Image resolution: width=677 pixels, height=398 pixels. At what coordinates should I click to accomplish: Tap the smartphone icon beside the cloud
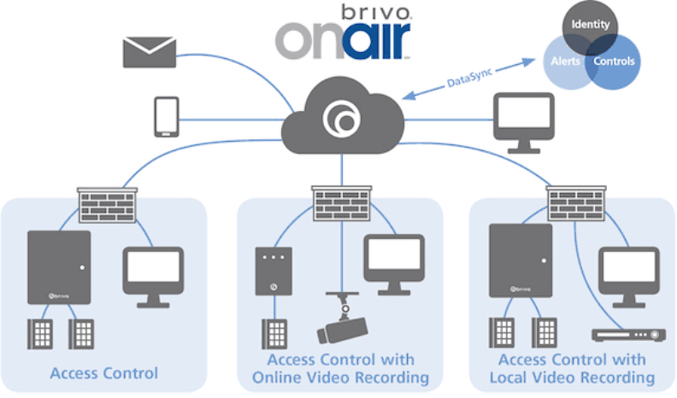[166, 117]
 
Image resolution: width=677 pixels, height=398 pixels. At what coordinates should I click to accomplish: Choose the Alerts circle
[564, 62]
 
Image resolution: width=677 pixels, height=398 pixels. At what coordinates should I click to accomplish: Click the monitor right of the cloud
[523, 120]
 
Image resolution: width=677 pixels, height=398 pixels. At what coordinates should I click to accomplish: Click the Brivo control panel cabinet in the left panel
[58, 266]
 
